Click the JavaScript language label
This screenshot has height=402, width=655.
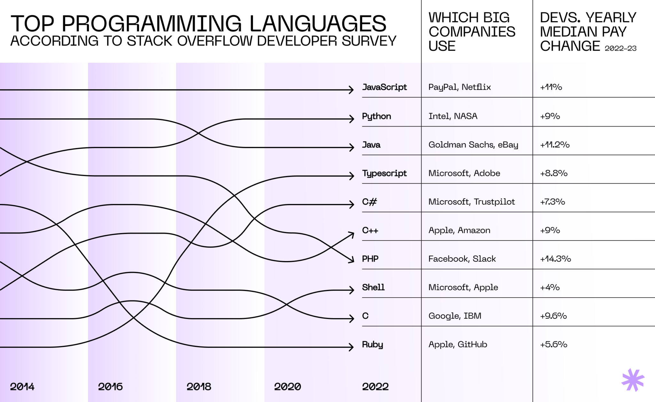click(384, 87)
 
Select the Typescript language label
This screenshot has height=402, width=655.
click(384, 173)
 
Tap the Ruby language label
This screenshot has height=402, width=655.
click(372, 344)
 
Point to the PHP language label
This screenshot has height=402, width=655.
click(370, 259)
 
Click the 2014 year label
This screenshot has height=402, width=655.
click(22, 387)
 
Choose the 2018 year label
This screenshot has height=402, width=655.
click(199, 387)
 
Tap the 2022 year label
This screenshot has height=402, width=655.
click(375, 387)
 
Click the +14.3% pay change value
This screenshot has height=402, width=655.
click(555, 259)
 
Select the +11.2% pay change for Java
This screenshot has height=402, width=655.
click(555, 145)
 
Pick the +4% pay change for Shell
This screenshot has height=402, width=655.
click(550, 287)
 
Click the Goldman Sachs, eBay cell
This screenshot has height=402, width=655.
click(473, 145)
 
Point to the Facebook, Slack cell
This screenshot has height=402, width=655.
click(462, 259)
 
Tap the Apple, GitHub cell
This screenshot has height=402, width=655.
click(458, 344)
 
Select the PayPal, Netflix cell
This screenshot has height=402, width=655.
click(460, 87)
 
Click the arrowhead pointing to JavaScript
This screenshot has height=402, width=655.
click(351, 90)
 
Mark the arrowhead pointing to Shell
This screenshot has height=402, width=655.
click(351, 290)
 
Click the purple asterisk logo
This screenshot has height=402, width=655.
click(633, 380)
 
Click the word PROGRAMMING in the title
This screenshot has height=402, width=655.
click(152, 24)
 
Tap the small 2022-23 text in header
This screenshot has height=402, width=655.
click(620, 48)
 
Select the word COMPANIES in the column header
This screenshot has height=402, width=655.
click(472, 32)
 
